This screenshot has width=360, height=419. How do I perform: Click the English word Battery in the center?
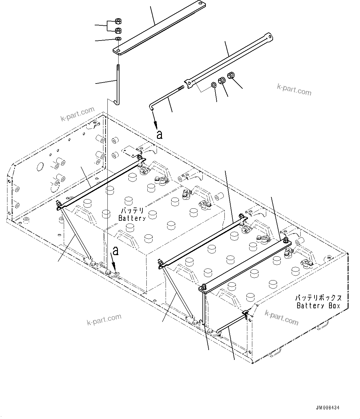coord(132,218)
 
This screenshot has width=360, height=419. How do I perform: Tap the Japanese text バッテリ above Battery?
coord(132,211)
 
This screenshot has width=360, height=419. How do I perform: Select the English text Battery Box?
coord(318,306)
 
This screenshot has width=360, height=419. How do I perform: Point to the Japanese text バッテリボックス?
coord(318,298)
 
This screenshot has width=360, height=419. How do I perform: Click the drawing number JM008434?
coord(327,408)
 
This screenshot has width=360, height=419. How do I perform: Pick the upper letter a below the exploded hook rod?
coord(159,135)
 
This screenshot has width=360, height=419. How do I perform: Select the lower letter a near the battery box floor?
coord(115,251)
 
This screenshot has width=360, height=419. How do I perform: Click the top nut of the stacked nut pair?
coord(118,21)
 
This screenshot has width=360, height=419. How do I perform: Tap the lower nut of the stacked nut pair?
coord(118,30)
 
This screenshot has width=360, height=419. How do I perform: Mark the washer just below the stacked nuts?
coord(118,39)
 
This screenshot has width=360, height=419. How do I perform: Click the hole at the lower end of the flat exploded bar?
coord(119,50)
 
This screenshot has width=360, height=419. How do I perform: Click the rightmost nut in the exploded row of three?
coord(231,75)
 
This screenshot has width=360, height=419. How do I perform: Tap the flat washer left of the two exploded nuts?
coord(214,85)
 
